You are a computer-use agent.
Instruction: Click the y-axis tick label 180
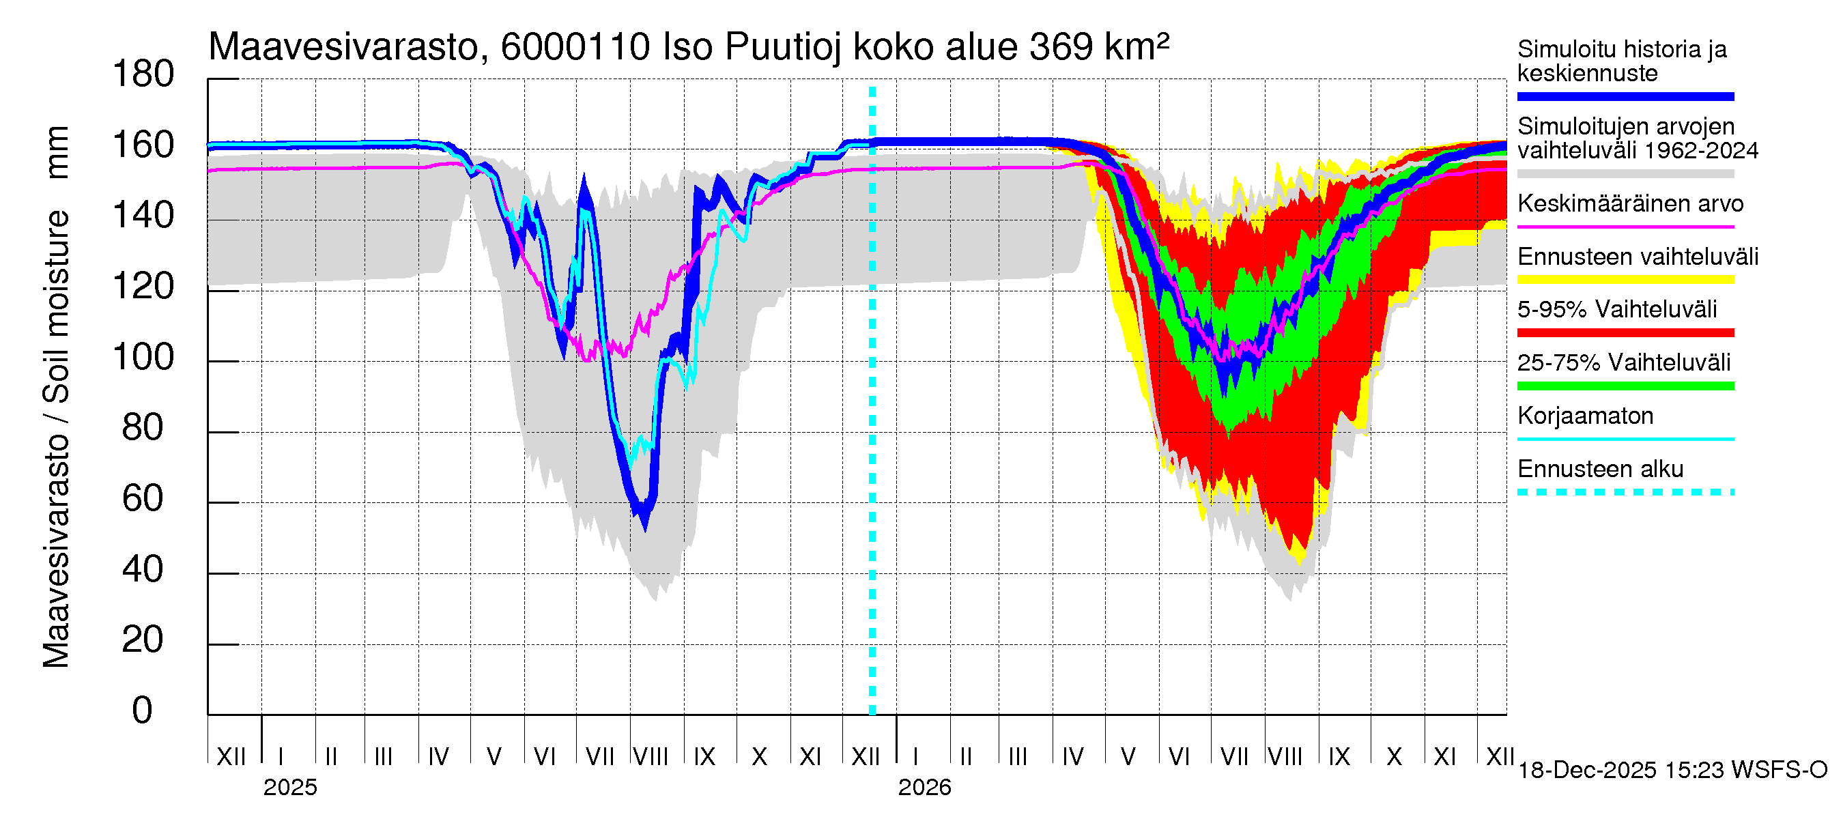[x=143, y=74]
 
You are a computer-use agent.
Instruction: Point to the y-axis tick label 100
[x=143, y=357]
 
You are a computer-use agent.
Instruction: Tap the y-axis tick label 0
[x=143, y=710]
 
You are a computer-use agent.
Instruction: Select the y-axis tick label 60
[x=143, y=498]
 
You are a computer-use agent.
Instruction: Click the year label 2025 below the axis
[x=289, y=788]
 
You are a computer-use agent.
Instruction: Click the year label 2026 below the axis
[x=924, y=788]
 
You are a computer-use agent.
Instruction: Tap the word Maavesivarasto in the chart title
[x=343, y=48]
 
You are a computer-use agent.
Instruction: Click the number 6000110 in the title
[x=575, y=48]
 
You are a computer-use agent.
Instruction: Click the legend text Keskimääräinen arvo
[x=1631, y=204]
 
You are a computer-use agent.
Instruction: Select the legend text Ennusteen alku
[x=1601, y=470]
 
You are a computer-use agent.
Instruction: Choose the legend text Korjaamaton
[x=1586, y=416]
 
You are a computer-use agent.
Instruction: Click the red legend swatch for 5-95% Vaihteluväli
[x=1625, y=333]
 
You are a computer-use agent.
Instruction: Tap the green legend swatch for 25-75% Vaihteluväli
[x=1625, y=386]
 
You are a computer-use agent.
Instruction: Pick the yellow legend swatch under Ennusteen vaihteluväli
[x=1625, y=281]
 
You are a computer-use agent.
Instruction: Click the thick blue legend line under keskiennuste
[x=1625, y=96]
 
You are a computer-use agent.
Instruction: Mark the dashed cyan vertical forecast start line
[x=872, y=429]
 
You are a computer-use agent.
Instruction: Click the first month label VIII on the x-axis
[x=651, y=757]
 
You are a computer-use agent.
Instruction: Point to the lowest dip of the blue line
[x=645, y=526]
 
